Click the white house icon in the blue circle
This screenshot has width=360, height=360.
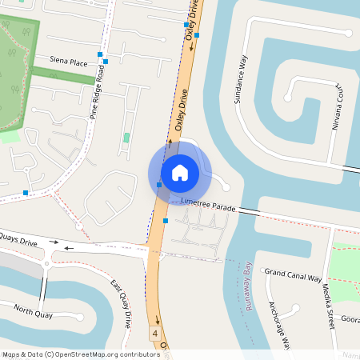point(180,172)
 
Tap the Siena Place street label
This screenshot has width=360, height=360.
point(69,62)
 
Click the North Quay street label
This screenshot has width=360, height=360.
point(33,314)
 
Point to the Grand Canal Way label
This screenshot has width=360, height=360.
point(293,276)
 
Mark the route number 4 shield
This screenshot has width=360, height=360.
point(155,332)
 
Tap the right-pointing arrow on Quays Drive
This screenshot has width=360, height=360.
point(54,241)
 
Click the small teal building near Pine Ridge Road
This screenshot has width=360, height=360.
point(126,138)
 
